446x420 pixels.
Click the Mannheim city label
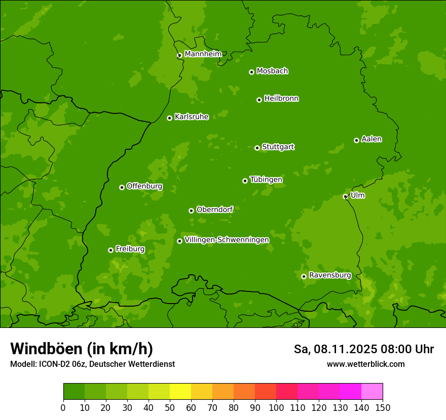click(203, 54)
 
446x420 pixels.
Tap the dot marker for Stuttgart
click(257, 148)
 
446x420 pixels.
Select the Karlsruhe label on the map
click(192, 117)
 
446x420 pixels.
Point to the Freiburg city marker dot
click(110, 250)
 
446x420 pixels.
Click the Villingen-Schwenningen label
click(227, 240)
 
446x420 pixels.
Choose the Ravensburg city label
click(329, 275)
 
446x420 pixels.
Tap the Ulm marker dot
click(345, 196)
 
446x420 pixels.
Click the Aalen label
click(371, 139)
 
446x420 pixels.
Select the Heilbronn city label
click(281, 99)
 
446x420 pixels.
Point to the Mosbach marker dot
click(251, 72)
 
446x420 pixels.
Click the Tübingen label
click(266, 180)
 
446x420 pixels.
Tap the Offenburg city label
click(144, 186)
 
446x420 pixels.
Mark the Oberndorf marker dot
click(191, 211)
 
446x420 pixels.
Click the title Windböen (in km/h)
click(81, 349)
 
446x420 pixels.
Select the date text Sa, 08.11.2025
click(334, 349)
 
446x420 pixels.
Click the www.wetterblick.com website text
click(365, 364)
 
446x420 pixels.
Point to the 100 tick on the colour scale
click(276, 407)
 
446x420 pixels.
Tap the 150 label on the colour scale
click(383, 407)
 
